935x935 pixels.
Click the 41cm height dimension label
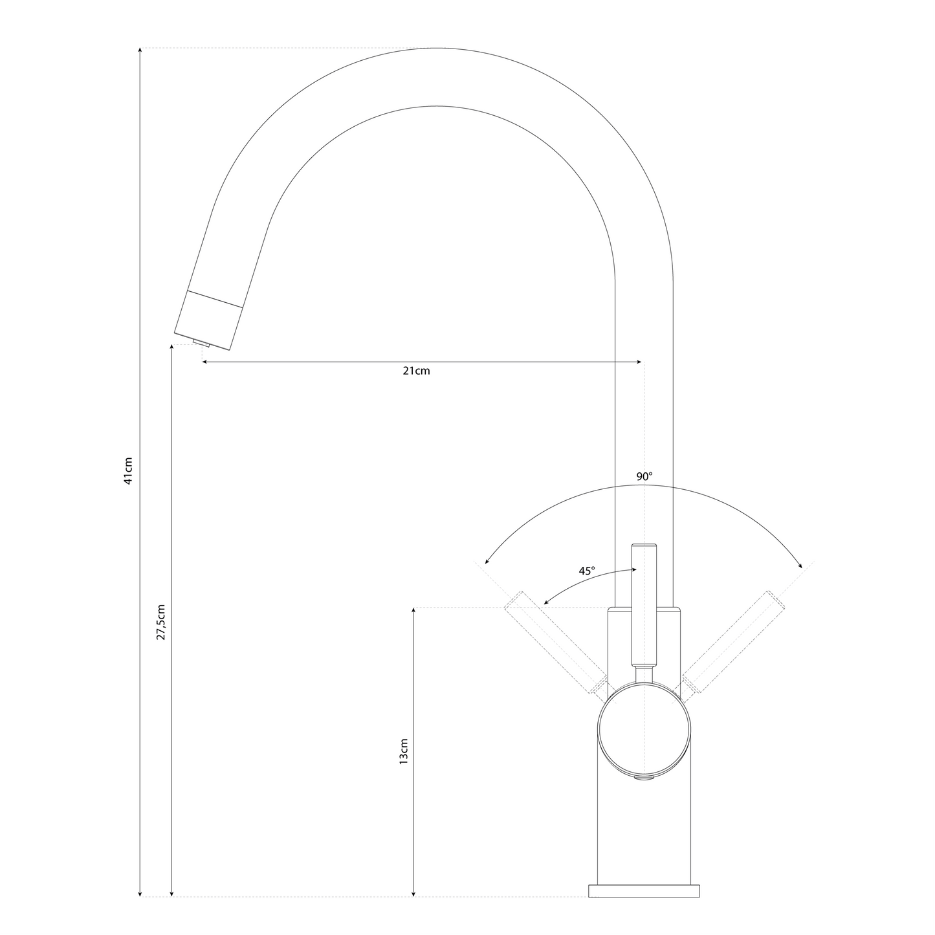click(128, 471)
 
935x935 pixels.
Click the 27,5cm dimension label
click(161, 622)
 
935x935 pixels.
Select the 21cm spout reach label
click(416, 371)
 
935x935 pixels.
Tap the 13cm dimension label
click(404, 751)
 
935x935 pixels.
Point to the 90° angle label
click(644, 476)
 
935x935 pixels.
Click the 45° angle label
click(586, 571)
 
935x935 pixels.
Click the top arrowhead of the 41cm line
click(140, 50)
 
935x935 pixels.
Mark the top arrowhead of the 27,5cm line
click(171, 347)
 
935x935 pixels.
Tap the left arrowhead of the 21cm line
click(205, 362)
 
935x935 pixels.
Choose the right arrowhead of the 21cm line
click(640, 362)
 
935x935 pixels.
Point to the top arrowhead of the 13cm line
click(413, 610)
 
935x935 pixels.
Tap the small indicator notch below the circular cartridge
click(644, 779)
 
